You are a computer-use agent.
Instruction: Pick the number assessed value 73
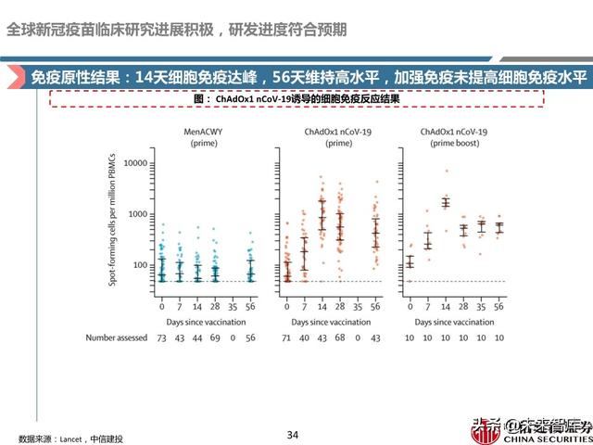point(161,338)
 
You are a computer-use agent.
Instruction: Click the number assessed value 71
point(286,338)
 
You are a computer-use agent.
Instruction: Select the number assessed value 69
point(215,338)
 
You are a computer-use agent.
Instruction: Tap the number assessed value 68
point(340,338)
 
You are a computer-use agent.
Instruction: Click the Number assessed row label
point(116,338)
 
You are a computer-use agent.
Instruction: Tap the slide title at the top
point(176,29)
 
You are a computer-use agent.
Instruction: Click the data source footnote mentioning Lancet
point(70,438)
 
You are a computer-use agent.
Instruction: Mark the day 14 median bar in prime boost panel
point(446,202)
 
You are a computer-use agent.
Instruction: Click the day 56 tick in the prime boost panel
point(499,306)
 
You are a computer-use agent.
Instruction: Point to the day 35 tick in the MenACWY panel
point(233,306)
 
